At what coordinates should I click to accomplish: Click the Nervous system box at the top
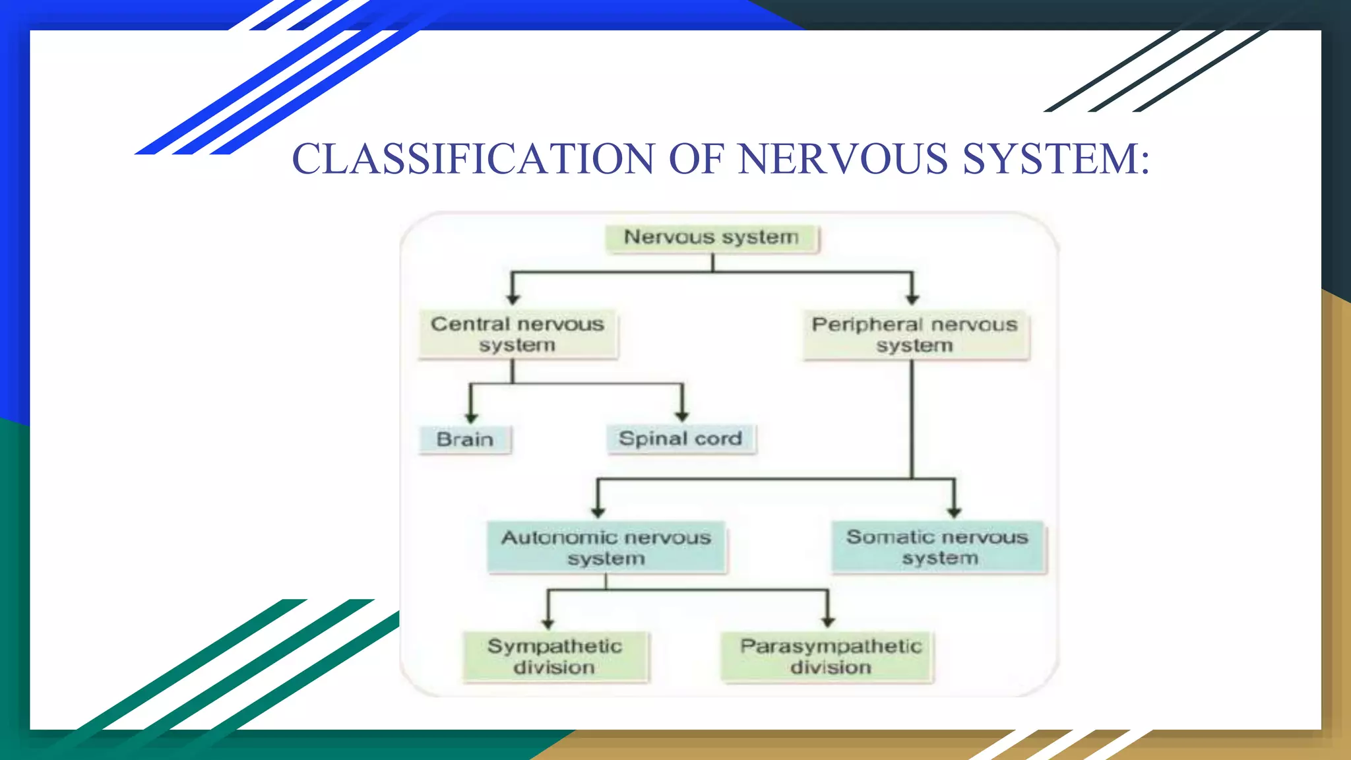tap(712, 238)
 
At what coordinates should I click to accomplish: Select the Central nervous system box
tap(518, 334)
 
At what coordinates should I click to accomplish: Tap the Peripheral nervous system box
tap(915, 335)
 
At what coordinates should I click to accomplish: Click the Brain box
tap(465, 439)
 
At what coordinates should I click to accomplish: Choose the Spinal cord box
tap(681, 439)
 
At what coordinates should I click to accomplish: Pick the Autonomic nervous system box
tap(606, 548)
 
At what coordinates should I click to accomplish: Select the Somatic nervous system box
tap(938, 548)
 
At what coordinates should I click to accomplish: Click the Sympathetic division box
tap(555, 656)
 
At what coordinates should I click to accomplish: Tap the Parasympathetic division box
tap(829, 656)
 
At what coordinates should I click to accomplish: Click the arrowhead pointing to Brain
tap(471, 418)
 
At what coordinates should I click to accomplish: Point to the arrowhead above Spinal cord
tap(682, 416)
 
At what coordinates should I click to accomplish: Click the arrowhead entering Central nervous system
tap(513, 299)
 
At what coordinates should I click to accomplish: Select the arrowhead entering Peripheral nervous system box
tap(912, 299)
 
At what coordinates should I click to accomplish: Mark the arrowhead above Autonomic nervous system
tap(598, 512)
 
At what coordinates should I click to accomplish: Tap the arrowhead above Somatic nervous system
tap(954, 512)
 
